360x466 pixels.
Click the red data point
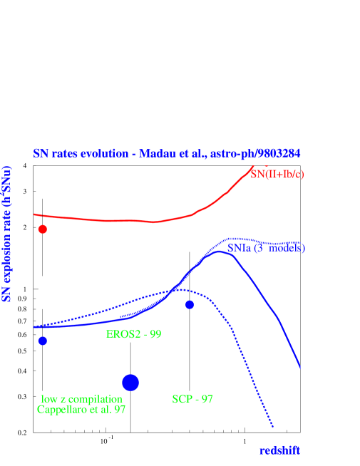click(x=43, y=229)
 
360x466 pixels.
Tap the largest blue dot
click(x=130, y=383)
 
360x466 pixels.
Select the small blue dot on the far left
click(x=43, y=341)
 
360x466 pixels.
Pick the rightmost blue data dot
click(x=190, y=305)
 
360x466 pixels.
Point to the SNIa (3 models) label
click(x=267, y=248)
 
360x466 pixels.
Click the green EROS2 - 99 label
click(x=133, y=334)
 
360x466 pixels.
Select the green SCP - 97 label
click(x=192, y=399)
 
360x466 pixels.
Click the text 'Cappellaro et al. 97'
click(x=81, y=410)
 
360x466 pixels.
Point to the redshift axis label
click(x=279, y=450)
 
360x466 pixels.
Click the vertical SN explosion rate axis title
click(x=9, y=234)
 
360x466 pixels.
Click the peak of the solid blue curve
click(x=220, y=252)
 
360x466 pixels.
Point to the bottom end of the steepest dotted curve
click(x=273, y=428)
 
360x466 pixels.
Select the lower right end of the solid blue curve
click(x=300, y=368)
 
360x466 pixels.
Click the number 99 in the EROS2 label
click(x=154, y=334)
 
